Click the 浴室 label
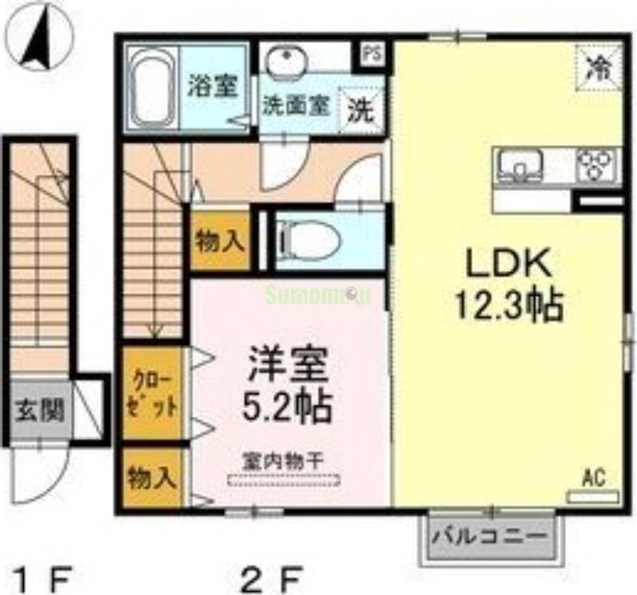point(213,86)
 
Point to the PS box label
point(371,55)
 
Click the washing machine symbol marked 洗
point(361,108)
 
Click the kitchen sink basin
point(519,166)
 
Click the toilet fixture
point(307,237)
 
